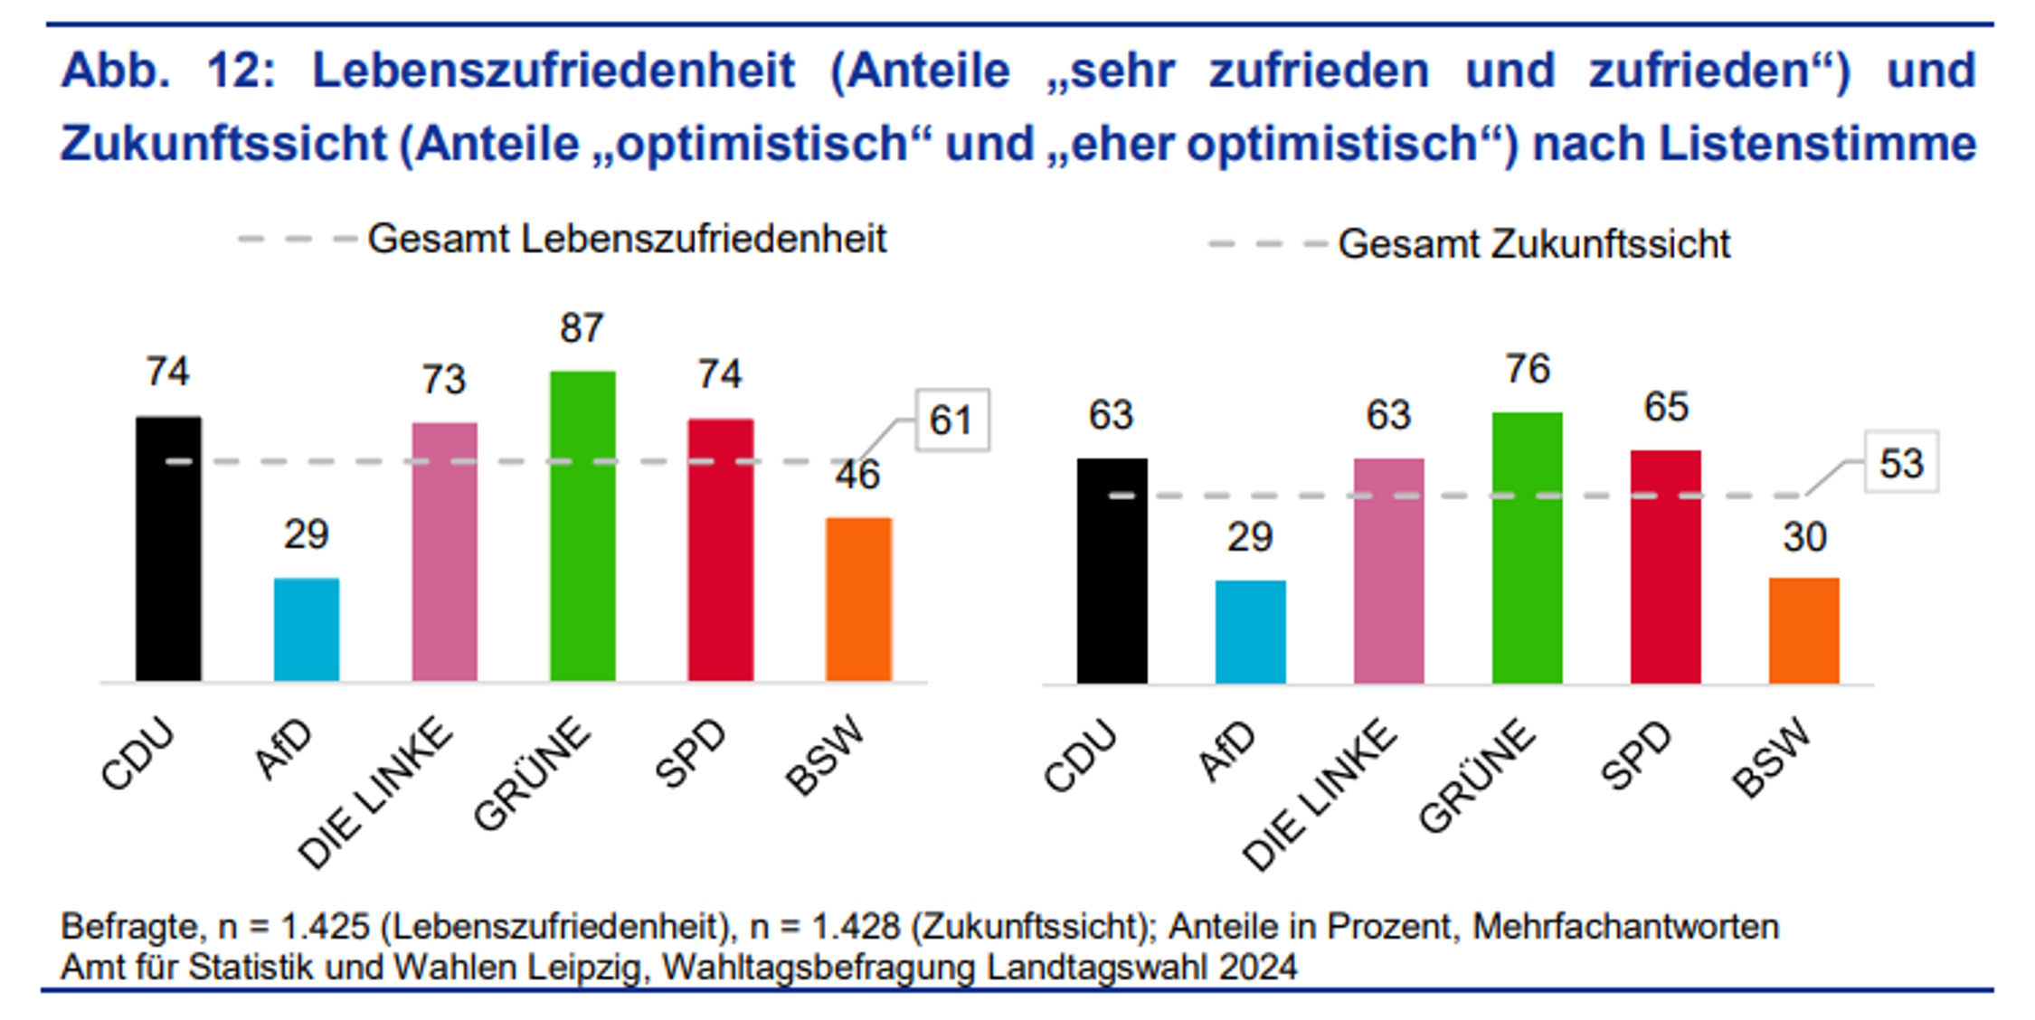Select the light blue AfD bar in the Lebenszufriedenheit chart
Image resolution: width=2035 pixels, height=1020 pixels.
coord(307,629)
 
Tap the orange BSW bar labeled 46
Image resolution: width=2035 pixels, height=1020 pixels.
coord(858,599)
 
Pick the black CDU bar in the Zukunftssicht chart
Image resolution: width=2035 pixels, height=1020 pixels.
coord(1112,571)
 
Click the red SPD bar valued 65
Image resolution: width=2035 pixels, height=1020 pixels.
coord(1665,566)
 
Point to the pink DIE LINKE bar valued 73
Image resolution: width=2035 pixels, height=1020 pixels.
coord(444,552)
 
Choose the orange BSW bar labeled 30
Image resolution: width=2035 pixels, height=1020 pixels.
coord(1803,630)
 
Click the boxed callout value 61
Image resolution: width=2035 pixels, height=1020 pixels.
coord(951,420)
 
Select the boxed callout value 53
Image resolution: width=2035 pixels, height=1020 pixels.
coord(1901,463)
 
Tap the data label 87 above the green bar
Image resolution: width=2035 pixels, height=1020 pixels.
coord(582,328)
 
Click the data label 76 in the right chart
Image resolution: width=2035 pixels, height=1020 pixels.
coord(1527,369)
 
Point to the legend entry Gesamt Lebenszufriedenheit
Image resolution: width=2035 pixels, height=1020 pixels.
coord(626,240)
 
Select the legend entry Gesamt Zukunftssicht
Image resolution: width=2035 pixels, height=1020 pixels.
coord(1533,244)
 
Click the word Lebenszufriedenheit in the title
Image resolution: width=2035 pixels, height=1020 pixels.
coord(553,71)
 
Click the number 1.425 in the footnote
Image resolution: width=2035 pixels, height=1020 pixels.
coord(325,927)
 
